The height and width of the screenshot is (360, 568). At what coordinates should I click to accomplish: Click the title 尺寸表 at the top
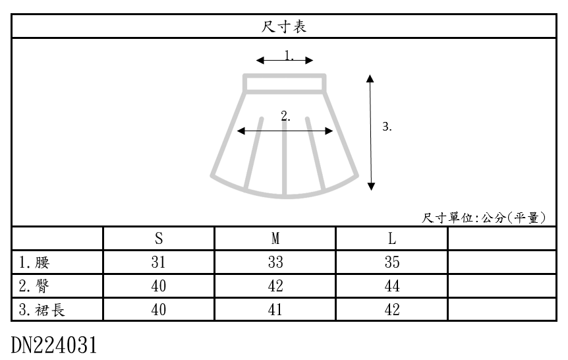point(284,26)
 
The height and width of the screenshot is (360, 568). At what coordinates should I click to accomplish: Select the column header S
point(159,238)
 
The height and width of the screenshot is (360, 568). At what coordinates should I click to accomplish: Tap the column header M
point(275,238)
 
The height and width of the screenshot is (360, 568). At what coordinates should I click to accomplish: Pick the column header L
point(391,238)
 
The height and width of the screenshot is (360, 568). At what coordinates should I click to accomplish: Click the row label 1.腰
point(34,262)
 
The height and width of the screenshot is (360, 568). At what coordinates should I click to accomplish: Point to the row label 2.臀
point(34,286)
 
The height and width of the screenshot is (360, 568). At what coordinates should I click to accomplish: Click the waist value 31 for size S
point(159,262)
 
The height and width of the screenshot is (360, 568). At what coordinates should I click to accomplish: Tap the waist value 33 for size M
point(275,262)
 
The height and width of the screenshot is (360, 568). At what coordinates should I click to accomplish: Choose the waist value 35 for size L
point(391,262)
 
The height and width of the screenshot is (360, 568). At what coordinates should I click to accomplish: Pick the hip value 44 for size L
point(391,286)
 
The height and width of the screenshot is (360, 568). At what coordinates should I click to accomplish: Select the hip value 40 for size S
point(159,286)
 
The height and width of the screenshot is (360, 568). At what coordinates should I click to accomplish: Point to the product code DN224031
point(55,344)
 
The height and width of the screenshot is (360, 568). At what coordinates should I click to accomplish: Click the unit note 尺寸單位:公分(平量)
point(484,218)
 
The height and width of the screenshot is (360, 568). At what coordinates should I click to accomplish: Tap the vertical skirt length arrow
point(371,132)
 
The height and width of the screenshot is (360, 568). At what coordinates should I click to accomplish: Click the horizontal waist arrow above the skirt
point(285,61)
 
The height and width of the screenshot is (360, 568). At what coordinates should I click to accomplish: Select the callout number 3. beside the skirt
point(387,127)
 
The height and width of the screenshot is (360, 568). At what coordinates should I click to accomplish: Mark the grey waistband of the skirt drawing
point(285,84)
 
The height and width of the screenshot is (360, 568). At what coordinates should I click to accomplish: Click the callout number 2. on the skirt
point(285,116)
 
